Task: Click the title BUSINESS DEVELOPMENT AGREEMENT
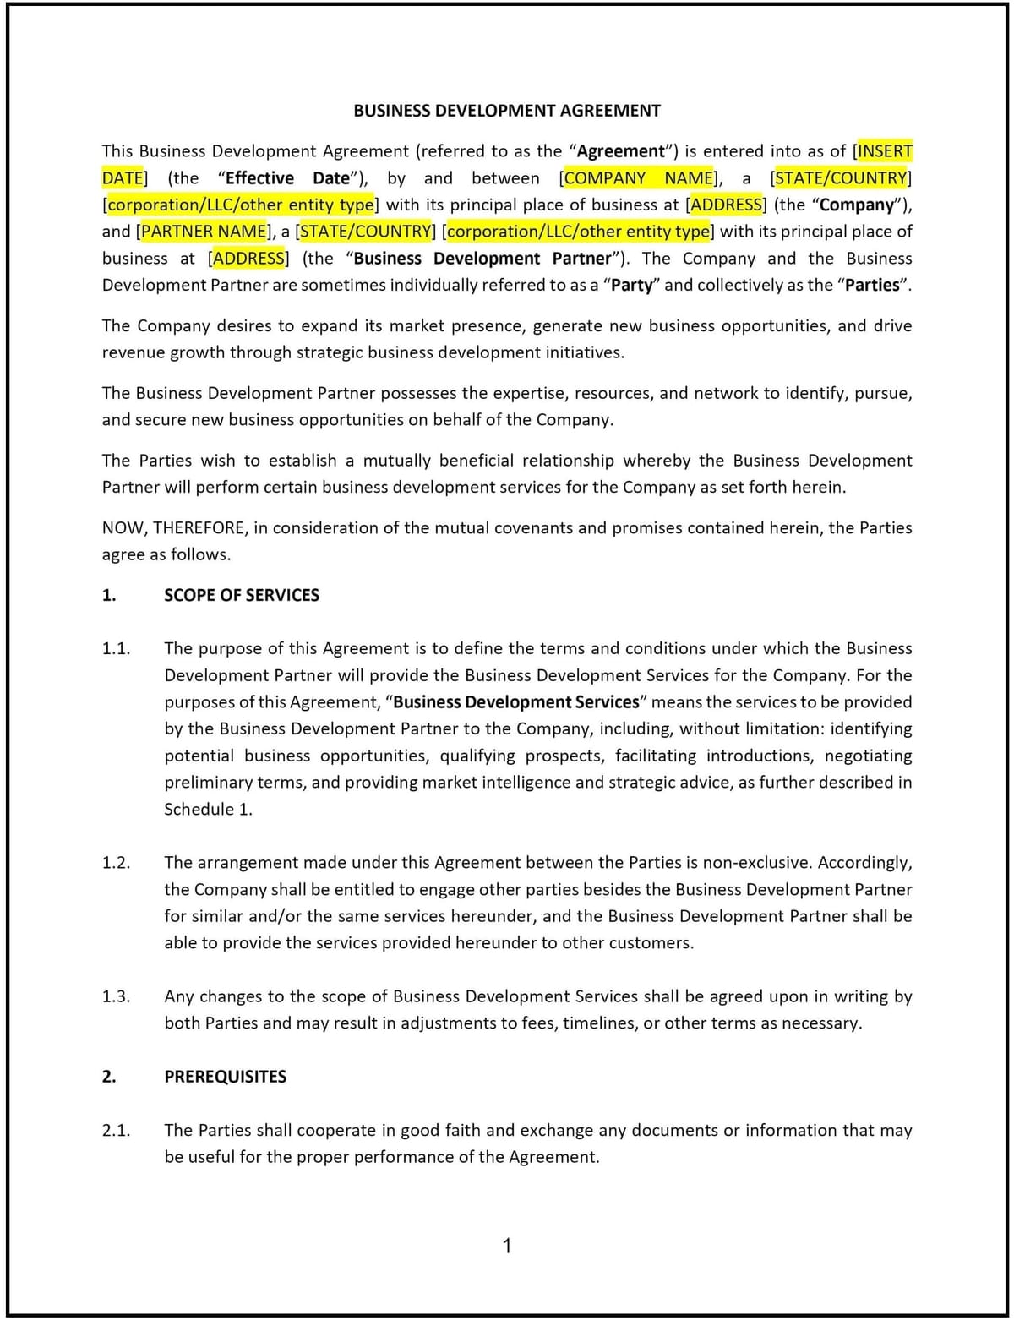(506, 111)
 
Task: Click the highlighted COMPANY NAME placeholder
(639, 178)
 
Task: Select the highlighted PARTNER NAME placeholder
(204, 232)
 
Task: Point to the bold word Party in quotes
(631, 286)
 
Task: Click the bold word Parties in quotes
(871, 286)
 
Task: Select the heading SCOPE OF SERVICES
(242, 595)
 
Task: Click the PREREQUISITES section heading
(225, 1077)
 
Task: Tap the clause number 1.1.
(116, 649)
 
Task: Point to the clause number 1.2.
(116, 863)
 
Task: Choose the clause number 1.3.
(116, 996)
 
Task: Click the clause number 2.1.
(116, 1131)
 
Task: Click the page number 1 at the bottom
(507, 1246)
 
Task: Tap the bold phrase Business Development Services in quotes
(515, 702)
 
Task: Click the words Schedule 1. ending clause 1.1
(208, 810)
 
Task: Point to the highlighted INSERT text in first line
(885, 151)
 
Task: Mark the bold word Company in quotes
(856, 205)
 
